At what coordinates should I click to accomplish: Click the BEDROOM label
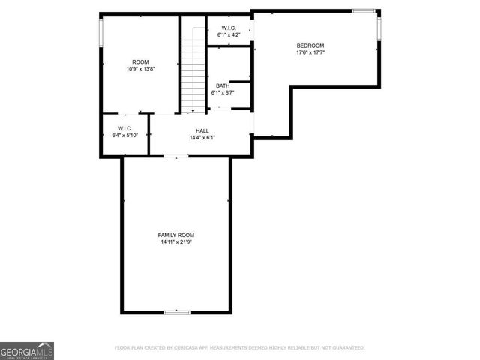[x=310, y=46]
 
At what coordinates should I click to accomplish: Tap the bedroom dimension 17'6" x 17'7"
[x=310, y=52]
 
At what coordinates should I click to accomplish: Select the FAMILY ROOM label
[x=176, y=235]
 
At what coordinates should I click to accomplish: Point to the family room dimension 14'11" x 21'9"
[x=176, y=242]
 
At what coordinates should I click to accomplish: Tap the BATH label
[x=223, y=85]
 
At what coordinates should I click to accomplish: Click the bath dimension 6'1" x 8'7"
[x=223, y=92]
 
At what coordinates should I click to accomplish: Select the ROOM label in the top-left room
[x=140, y=62]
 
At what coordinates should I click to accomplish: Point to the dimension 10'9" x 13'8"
[x=140, y=69]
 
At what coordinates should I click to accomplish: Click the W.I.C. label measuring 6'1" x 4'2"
[x=229, y=28]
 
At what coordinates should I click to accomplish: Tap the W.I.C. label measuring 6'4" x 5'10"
[x=124, y=128]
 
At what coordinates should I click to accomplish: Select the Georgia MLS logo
[x=27, y=350]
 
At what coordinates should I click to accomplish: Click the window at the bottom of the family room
[x=177, y=312]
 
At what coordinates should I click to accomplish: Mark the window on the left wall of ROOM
[x=101, y=31]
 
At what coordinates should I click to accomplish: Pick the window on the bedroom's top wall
[x=364, y=10]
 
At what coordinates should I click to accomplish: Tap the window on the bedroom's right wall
[x=379, y=28]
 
